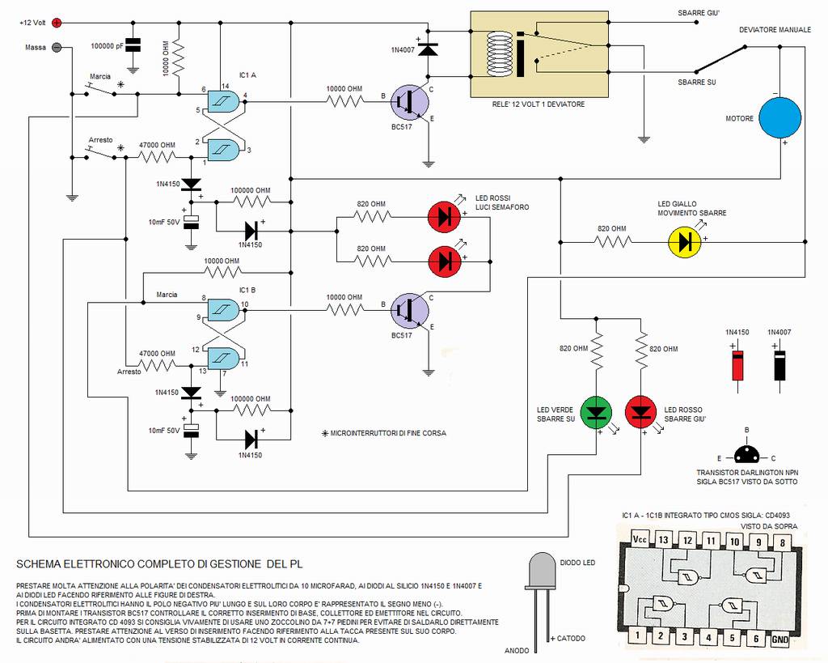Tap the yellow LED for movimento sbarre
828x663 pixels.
pos(686,240)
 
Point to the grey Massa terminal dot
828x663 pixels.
pos(57,47)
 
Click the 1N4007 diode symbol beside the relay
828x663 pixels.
pos(428,50)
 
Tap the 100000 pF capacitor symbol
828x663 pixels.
pos(134,45)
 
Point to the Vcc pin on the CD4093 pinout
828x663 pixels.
pos(639,540)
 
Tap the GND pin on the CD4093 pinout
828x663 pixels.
pos(779,639)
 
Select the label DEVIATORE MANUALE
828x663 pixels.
pos(775,29)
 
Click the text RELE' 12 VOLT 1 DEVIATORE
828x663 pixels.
pos(538,104)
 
